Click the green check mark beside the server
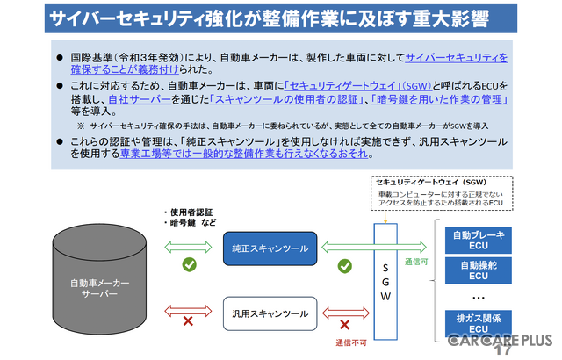188,263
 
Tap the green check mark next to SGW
345,264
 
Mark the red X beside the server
186,322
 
